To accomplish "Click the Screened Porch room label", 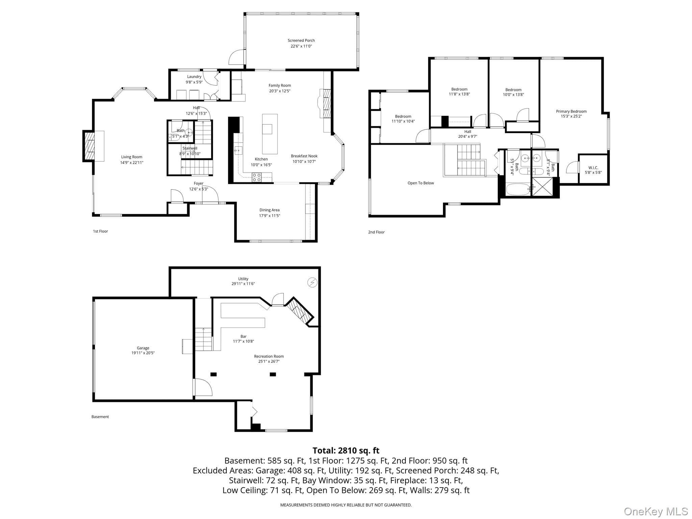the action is click(301, 41).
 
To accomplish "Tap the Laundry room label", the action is click(194, 77).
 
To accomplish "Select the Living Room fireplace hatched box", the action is click(90, 146).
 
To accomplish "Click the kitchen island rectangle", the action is click(270, 134).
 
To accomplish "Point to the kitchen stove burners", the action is click(257, 177).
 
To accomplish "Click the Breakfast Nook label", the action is click(304, 156).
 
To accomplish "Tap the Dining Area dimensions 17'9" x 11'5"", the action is click(270, 216).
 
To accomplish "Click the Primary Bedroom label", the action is click(571, 112).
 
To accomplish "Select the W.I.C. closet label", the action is click(593, 168).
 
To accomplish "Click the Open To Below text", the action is click(421, 183).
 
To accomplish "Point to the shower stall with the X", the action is click(543, 187).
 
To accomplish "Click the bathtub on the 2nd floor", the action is click(518, 189).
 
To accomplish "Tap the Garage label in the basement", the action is click(143, 348).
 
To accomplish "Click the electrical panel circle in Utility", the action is click(312, 282).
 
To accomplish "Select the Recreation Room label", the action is click(269, 356).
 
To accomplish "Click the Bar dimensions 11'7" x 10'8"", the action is click(243, 341).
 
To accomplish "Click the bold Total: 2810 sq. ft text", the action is click(346, 450).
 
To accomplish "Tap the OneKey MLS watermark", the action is click(656, 512).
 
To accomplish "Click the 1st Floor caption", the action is click(100, 231).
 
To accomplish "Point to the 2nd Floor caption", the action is click(376, 232).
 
